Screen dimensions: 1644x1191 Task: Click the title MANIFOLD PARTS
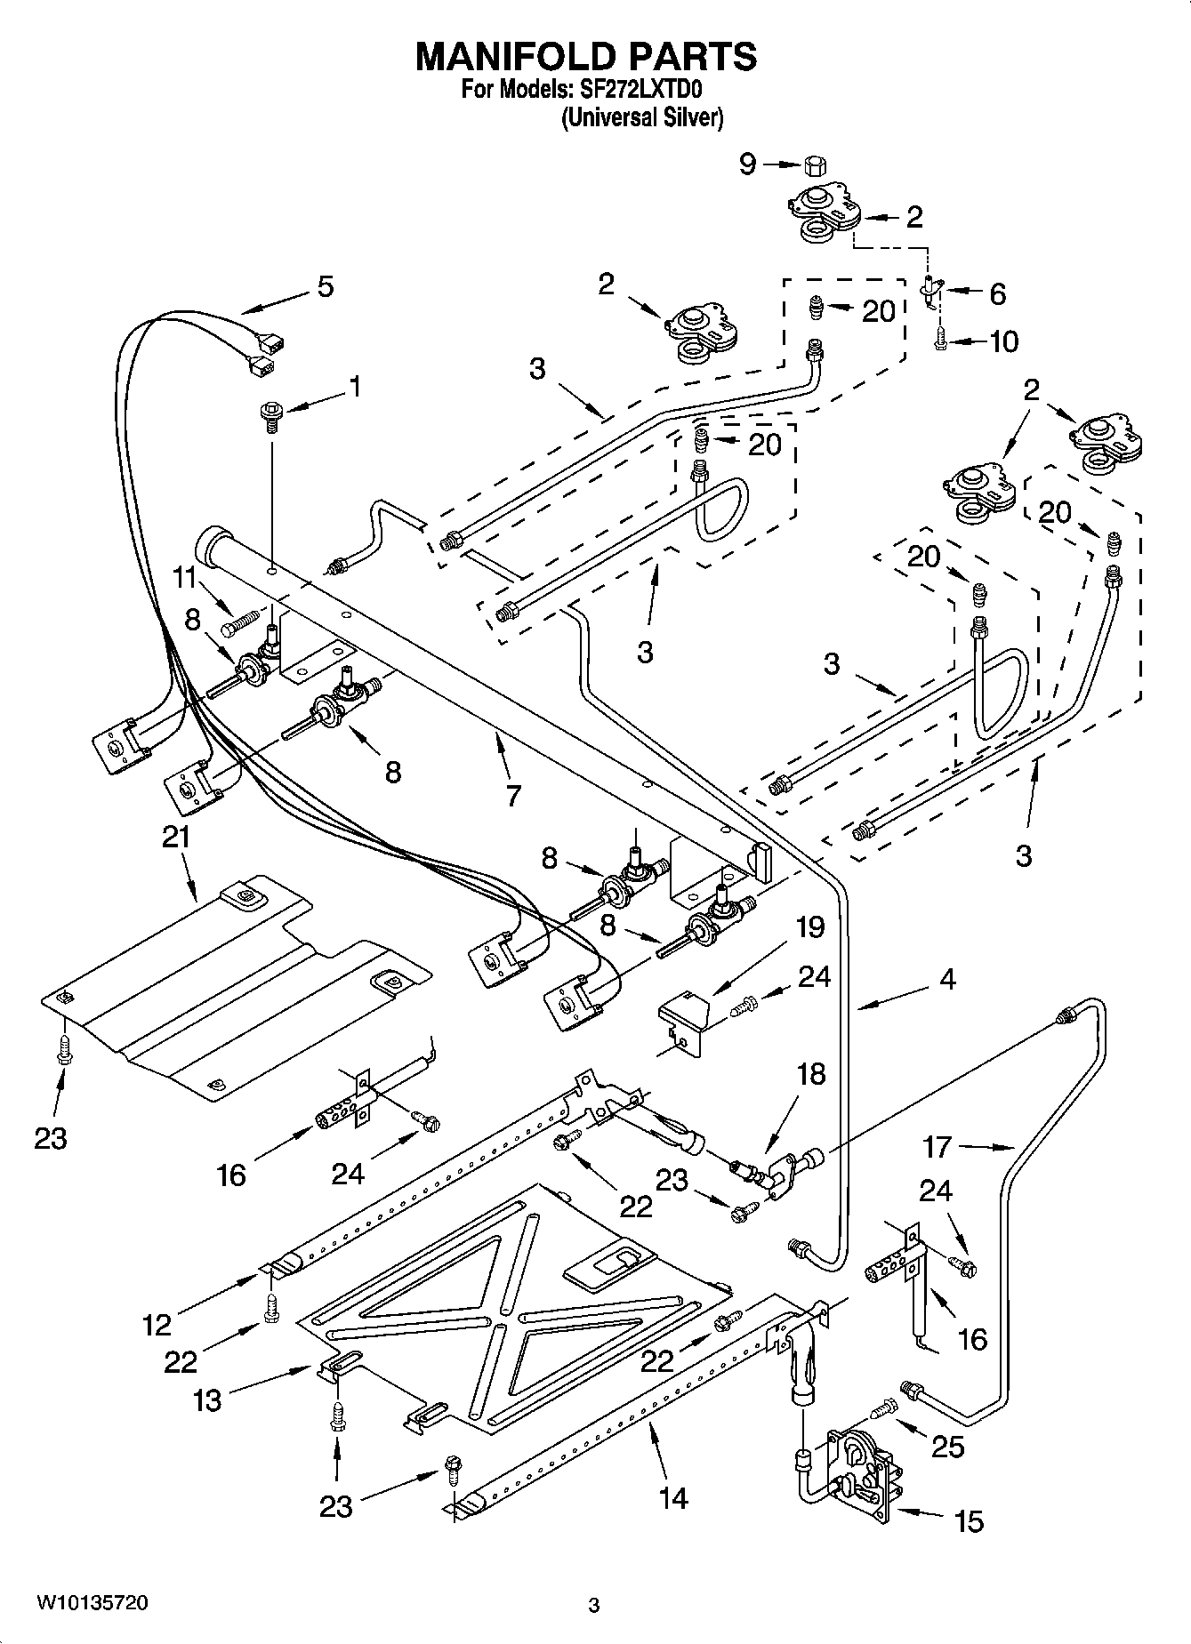pos(586,56)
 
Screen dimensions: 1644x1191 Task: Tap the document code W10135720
pos(93,1603)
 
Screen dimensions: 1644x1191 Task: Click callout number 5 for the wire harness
pos(326,286)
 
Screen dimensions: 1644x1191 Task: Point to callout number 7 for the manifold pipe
pos(512,795)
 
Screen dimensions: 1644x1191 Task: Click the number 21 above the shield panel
pos(176,838)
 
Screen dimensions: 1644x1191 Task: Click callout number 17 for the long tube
pos(938,1147)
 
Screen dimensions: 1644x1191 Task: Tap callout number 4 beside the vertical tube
pos(947,980)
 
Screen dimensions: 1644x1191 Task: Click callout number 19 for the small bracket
pos(809,927)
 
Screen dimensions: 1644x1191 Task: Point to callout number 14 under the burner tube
pos(673,1498)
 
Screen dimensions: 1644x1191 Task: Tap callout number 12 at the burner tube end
pos(157,1325)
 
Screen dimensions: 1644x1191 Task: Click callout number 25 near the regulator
pos(947,1447)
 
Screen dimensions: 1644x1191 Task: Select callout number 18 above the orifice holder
pos(811,1074)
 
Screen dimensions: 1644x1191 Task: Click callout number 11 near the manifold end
pos(184,578)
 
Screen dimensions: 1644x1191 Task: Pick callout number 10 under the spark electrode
pos(1004,341)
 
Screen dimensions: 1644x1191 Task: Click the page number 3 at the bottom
pos(594,1605)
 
